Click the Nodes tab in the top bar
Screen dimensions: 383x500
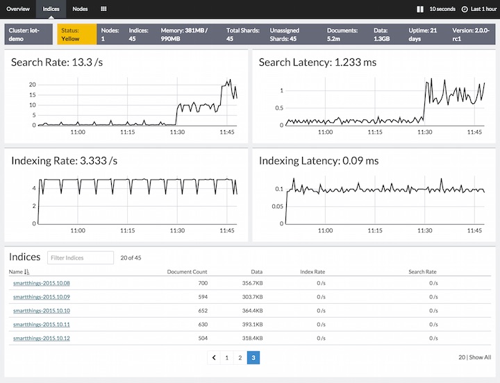coord(80,9)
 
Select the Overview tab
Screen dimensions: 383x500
coord(18,9)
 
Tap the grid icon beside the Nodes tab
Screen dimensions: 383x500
coord(103,9)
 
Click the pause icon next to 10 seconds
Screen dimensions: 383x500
coord(419,9)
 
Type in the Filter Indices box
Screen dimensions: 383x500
coord(81,258)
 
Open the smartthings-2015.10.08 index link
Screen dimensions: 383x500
coord(42,283)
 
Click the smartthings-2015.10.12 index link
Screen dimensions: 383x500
coord(42,338)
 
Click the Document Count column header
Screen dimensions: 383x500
coord(187,272)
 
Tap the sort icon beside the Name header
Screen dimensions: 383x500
coord(27,272)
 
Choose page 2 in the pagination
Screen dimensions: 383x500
coord(240,357)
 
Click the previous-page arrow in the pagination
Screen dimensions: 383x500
coord(213,357)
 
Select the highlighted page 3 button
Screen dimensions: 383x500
coord(253,357)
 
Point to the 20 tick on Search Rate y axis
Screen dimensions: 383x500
coord(32,85)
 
